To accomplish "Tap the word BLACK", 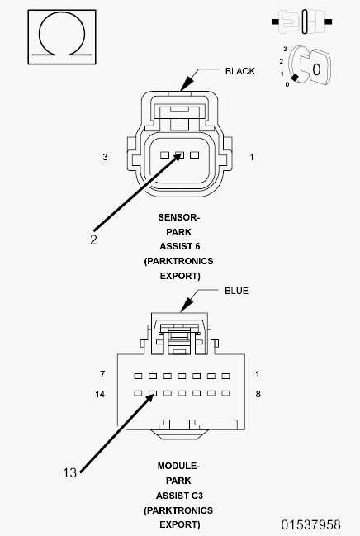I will click(x=240, y=71).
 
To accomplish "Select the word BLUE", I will click(x=236, y=291).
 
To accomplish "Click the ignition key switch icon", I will click(x=312, y=69).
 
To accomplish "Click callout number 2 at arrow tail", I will click(x=93, y=240).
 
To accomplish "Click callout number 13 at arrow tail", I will click(x=70, y=472).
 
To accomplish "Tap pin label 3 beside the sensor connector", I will click(x=105, y=156).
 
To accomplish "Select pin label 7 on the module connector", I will click(x=102, y=374).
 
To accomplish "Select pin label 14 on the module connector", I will click(x=100, y=395).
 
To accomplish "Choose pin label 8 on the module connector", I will click(x=258, y=395).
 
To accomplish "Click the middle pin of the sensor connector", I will click(x=180, y=154).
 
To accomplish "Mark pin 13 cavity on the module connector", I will click(x=153, y=395).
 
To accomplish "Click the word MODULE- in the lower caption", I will click(x=179, y=466).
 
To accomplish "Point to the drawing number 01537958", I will click(x=310, y=524).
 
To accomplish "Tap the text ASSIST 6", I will click(x=179, y=246).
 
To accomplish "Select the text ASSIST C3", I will click(x=179, y=495).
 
